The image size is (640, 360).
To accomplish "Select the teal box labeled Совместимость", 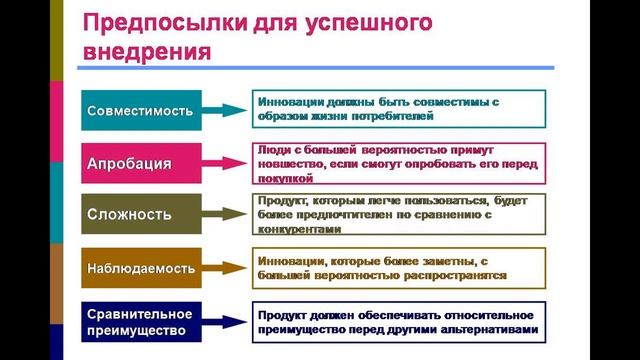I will [x=139, y=110].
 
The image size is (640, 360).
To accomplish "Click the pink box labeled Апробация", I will [x=139, y=163].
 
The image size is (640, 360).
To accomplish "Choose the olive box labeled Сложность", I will [x=139, y=214].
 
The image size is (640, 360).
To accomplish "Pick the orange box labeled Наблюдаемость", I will [x=139, y=268].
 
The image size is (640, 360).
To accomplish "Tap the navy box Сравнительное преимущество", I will [x=139, y=321].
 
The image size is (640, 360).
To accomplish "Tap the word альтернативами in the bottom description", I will [x=491, y=328].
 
